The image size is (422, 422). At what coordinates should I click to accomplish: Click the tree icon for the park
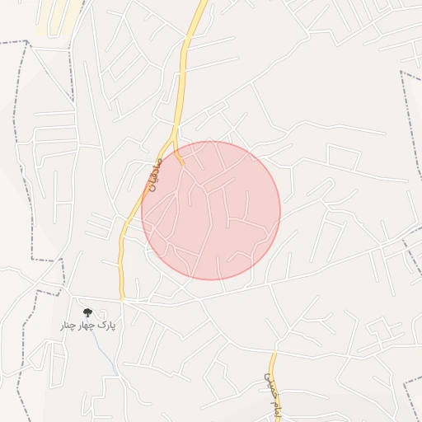pos(87,312)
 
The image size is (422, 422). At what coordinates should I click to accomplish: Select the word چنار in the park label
pos(66,326)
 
